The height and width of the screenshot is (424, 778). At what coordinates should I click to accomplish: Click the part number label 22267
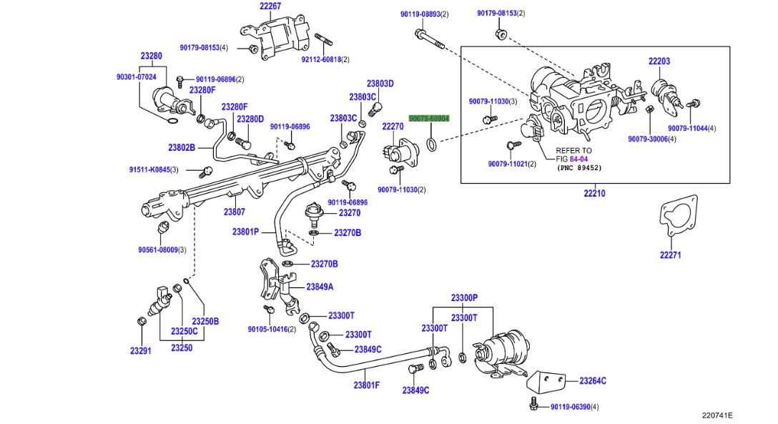coord(270,6)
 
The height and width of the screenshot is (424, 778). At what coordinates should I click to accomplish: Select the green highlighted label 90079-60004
coord(429,119)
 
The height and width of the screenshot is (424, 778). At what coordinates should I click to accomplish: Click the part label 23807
coord(235,212)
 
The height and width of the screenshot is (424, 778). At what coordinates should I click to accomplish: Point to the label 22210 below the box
coord(594,193)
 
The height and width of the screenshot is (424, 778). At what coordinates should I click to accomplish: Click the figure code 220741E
coord(717,415)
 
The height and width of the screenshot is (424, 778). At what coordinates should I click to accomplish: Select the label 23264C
coord(593,381)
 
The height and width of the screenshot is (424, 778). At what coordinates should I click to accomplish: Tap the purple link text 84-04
coord(578,159)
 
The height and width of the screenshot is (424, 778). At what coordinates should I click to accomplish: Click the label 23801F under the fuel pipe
coord(367,385)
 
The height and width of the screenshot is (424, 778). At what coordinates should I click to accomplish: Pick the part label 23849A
coord(320,287)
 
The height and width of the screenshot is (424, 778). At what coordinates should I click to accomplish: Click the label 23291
coord(140,350)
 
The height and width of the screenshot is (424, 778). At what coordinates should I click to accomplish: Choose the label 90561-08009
coord(158,250)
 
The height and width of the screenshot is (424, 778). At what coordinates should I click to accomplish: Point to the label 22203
coord(659,61)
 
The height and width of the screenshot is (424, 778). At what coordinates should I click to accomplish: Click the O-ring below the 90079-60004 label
coord(432,145)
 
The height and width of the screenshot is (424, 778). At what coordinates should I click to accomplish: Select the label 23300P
coord(464,297)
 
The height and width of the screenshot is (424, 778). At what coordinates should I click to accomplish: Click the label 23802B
coord(182,147)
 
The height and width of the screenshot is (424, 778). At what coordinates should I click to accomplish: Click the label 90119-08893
coord(420,14)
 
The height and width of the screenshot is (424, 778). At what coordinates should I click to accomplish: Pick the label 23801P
coord(245,232)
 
